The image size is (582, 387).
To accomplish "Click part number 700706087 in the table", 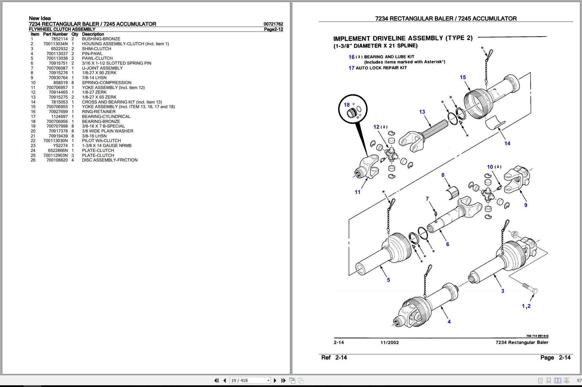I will pyautogui.click(x=57, y=68).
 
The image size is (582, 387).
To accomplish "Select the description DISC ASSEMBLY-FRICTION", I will pyautogui.click(x=109, y=160).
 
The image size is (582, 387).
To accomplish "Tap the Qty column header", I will pyautogui.click(x=75, y=34).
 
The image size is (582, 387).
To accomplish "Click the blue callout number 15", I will pyautogui.click(x=463, y=77).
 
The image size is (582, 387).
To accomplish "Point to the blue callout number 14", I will pyautogui.click(x=507, y=143).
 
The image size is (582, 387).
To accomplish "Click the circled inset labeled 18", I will pyautogui.click(x=353, y=109).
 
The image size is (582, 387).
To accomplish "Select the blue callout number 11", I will pyautogui.click(x=357, y=192).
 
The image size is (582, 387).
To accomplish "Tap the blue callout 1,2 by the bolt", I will pyautogui.click(x=526, y=306).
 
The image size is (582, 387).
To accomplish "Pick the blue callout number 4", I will pyautogui.click(x=449, y=321).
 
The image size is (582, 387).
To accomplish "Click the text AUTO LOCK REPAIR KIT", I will pyautogui.click(x=381, y=68).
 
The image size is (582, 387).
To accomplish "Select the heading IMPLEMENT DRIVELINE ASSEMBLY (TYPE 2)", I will pyautogui.click(x=403, y=38).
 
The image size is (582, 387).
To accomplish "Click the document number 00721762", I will pyautogui.click(x=273, y=24).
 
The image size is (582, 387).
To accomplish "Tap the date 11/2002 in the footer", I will pyautogui.click(x=389, y=342).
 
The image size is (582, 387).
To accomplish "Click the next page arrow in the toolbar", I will pyautogui.click(x=275, y=380).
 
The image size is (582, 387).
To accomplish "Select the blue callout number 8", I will pyautogui.click(x=443, y=175).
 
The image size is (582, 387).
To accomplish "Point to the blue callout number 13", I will pyautogui.click(x=422, y=112).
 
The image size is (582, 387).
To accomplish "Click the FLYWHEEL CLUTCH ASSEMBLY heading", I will pyautogui.click(x=62, y=29).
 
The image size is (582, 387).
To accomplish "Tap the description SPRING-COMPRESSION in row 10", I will pyautogui.click(x=107, y=83).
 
